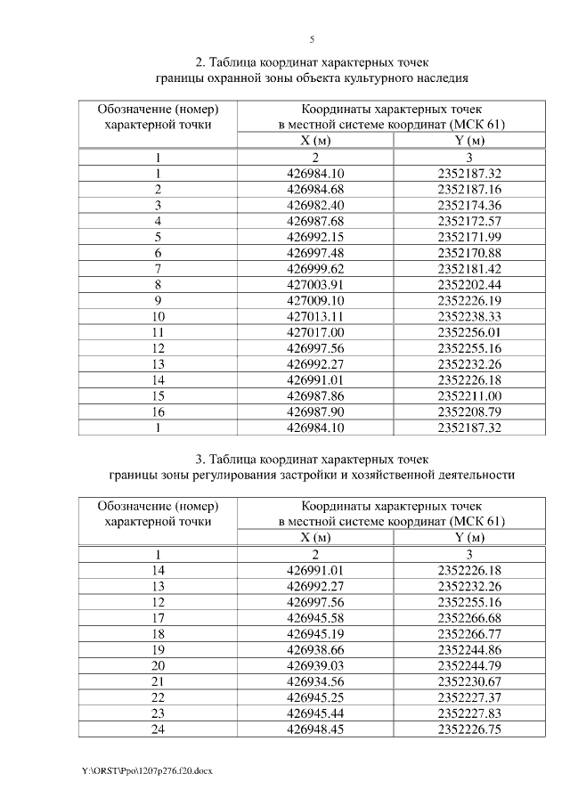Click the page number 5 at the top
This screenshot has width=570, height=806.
pos(312,39)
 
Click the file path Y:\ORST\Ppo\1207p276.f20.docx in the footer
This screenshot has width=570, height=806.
pos(146,769)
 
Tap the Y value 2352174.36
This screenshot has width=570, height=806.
pos(470,206)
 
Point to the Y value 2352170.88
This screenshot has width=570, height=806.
pos(470,253)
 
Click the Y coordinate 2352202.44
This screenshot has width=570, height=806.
pos(470,284)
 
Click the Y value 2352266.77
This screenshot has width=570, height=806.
pos(470,633)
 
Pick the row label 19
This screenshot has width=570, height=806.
pos(159,649)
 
